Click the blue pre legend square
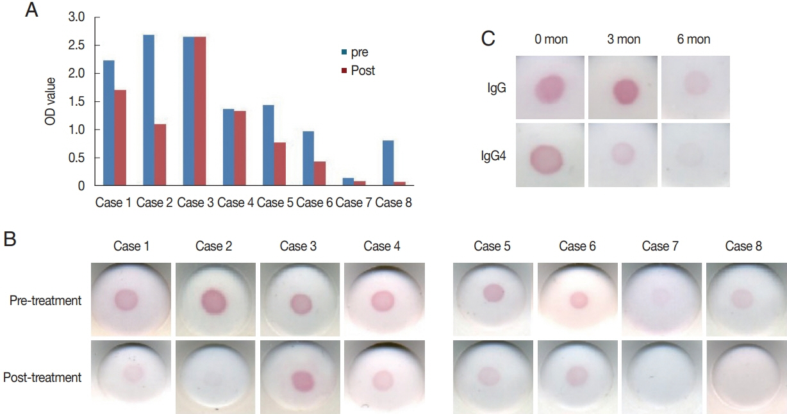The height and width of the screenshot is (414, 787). click(x=345, y=53)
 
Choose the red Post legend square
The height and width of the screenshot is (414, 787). click(x=345, y=70)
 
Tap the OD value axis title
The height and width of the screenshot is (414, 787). click(x=51, y=102)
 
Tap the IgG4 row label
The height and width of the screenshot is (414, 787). click(x=493, y=154)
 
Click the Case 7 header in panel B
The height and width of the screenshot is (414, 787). click(x=659, y=246)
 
